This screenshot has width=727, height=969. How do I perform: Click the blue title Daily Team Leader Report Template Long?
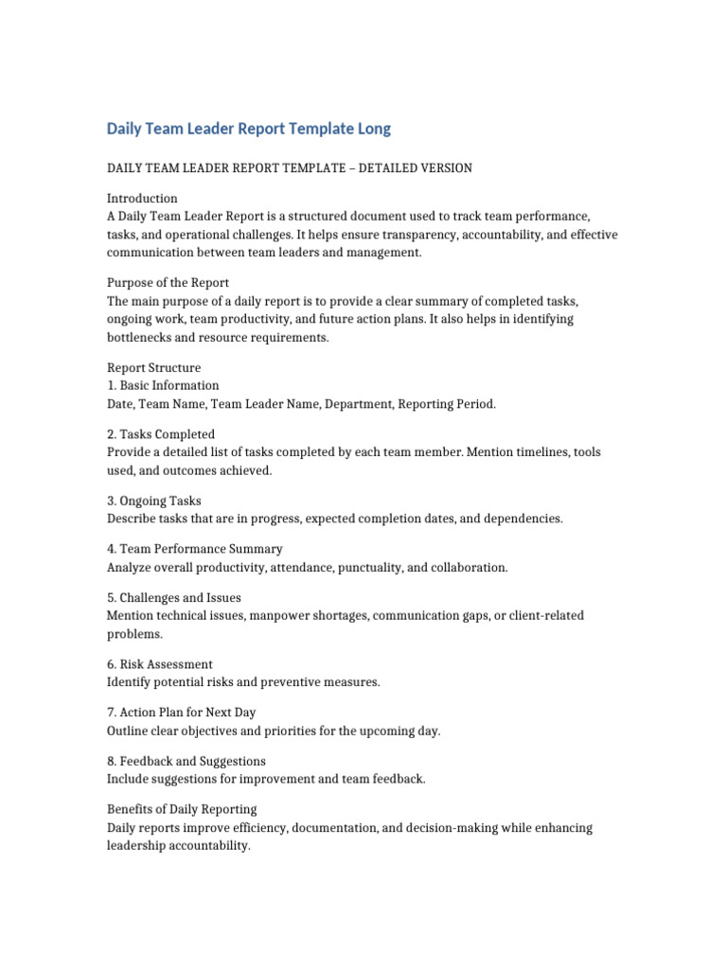(248, 129)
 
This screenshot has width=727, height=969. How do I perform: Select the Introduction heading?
(142, 199)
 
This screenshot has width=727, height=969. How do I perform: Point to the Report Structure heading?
(153, 367)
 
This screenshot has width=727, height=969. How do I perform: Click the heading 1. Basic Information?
(163, 385)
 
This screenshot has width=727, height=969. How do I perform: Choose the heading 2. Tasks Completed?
(160, 434)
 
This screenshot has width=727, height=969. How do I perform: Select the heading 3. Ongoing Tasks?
(154, 501)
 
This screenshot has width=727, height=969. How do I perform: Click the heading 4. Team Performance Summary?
(194, 549)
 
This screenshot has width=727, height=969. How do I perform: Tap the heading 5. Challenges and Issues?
(174, 598)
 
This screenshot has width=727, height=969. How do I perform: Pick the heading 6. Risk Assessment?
(160, 664)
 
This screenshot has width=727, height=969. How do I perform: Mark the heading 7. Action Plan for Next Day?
(182, 713)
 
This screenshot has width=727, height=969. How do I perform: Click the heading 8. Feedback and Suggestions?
(186, 761)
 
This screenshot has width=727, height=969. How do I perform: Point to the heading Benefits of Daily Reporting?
(182, 809)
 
